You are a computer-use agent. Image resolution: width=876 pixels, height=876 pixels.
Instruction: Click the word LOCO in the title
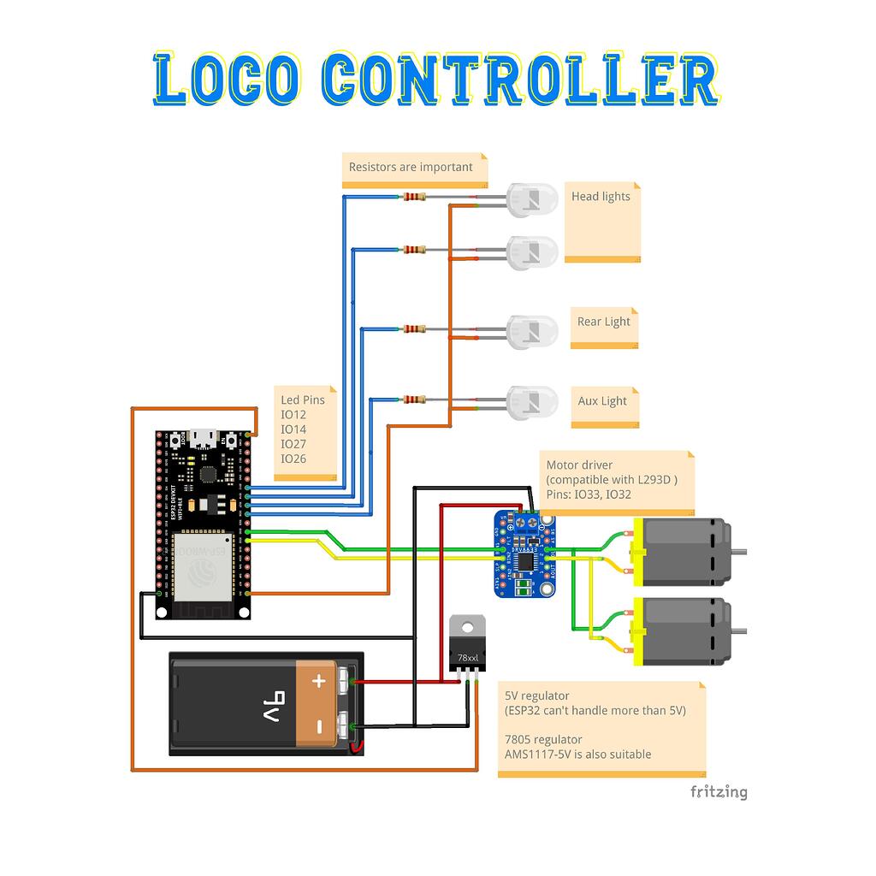tap(228, 80)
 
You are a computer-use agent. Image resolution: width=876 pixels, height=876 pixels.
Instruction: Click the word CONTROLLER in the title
tap(519, 80)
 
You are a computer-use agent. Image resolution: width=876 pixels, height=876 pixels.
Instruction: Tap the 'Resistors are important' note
tap(411, 167)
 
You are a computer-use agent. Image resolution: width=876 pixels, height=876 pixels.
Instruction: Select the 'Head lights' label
tap(601, 197)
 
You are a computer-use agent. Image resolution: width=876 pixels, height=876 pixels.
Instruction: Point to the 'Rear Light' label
tap(603, 322)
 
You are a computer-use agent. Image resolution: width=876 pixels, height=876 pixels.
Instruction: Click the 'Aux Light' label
tap(601, 400)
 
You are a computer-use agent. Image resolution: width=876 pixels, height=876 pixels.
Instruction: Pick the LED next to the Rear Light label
tap(532, 331)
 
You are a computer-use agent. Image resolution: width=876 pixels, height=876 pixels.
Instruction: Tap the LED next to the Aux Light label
tap(532, 402)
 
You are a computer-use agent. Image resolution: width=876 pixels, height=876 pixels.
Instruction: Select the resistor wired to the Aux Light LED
tap(414, 400)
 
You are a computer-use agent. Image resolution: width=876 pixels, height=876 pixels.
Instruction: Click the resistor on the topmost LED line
tap(414, 197)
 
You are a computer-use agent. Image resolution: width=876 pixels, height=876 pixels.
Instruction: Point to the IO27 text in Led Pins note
tap(293, 444)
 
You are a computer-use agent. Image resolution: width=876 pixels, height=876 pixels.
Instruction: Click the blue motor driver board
tap(524, 553)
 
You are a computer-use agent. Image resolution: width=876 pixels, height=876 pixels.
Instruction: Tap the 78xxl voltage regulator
tap(467, 647)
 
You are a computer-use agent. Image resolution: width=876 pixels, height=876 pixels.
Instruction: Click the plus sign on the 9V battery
tap(319, 682)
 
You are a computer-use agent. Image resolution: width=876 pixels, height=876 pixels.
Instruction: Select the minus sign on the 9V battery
tap(319, 727)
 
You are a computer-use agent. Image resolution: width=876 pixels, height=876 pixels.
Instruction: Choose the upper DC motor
tap(684, 552)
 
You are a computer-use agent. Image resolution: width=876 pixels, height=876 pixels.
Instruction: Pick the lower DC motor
tap(684, 631)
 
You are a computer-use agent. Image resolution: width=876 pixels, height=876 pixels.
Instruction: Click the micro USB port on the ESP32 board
tap(204, 438)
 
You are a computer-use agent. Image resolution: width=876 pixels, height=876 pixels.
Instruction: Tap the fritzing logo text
tap(719, 792)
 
